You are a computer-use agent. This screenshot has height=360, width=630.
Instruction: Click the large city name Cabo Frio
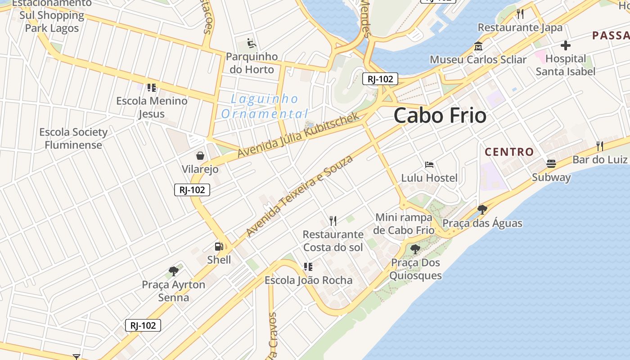(x=440, y=116)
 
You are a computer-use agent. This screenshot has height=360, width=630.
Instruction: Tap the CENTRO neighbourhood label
(x=509, y=152)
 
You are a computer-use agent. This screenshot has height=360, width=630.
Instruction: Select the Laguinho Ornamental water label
(x=264, y=106)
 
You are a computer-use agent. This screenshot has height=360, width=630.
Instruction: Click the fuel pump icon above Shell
(x=219, y=247)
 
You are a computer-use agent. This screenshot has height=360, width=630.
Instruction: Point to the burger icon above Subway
(x=551, y=163)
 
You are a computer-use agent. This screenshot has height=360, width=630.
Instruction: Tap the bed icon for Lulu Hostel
(x=429, y=165)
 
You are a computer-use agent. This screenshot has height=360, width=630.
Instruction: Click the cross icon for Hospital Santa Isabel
(x=566, y=45)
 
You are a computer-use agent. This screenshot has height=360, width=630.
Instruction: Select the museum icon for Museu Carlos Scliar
(x=478, y=46)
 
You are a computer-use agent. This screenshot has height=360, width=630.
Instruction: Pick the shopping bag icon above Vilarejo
(x=200, y=156)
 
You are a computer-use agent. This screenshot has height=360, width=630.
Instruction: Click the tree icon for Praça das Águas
(x=482, y=209)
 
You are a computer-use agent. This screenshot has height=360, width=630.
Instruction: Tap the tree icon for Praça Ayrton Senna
(x=174, y=271)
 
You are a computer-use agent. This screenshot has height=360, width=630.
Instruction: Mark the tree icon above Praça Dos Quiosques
(x=415, y=249)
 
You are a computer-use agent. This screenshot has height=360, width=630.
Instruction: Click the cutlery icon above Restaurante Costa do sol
(x=333, y=220)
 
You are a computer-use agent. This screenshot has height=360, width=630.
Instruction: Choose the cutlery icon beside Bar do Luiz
(x=599, y=146)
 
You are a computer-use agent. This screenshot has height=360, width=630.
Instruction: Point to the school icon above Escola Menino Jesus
(x=152, y=87)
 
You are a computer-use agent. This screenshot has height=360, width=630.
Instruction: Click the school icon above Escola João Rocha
(x=308, y=267)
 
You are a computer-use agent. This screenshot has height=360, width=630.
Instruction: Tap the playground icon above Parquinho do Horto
(x=252, y=44)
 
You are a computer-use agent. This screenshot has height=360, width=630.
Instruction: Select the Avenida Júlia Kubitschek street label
(x=298, y=135)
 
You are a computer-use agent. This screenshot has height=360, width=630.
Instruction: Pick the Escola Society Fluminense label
(x=73, y=138)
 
